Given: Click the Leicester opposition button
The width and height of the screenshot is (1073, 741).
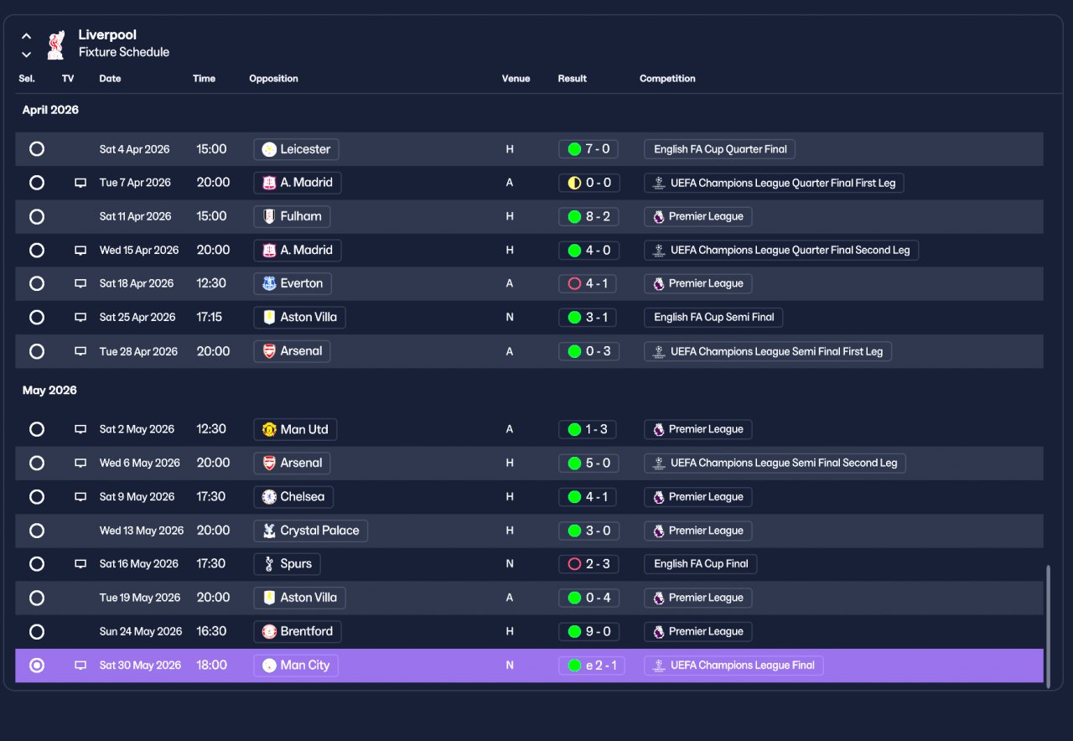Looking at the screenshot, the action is coord(296,149).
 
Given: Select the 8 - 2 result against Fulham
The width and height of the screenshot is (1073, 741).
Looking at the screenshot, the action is coord(588,216).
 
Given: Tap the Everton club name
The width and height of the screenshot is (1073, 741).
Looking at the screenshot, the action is coord(301,283).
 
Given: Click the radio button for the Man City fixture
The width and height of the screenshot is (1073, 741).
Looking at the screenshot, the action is coord(37,666).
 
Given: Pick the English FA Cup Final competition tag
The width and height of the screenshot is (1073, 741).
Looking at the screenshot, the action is coord(700,564).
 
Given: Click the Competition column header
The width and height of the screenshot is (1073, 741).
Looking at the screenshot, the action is coord(667,79).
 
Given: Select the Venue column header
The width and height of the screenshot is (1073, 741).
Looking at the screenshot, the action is coord(516,79).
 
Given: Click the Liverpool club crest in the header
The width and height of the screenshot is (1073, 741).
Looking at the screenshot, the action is coord(56,45).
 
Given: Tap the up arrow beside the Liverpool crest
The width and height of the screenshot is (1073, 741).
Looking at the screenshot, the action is coord(27,36).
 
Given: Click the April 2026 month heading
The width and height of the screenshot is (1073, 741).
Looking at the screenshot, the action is coord(50,110).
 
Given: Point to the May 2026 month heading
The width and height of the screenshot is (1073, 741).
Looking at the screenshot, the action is coord(49,390).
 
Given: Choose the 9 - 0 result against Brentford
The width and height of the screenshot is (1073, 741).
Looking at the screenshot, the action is coord(588,631).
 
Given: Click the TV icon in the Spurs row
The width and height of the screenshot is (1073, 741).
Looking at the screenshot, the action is coord(80,564).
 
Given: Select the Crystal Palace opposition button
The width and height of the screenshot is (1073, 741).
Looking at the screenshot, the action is coord(310,531).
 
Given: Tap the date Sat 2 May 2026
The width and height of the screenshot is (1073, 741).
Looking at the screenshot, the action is coord(137,429).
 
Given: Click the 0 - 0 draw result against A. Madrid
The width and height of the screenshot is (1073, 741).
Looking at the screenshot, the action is coord(588,183).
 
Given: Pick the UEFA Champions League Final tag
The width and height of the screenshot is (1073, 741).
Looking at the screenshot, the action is coord(733,666).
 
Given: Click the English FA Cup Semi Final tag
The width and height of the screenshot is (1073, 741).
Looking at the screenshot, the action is coord(713,317).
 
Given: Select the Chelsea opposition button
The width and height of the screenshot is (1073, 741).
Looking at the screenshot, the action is coord(293,497).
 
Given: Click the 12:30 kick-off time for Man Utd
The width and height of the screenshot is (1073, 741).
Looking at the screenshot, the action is coord(210,429).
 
